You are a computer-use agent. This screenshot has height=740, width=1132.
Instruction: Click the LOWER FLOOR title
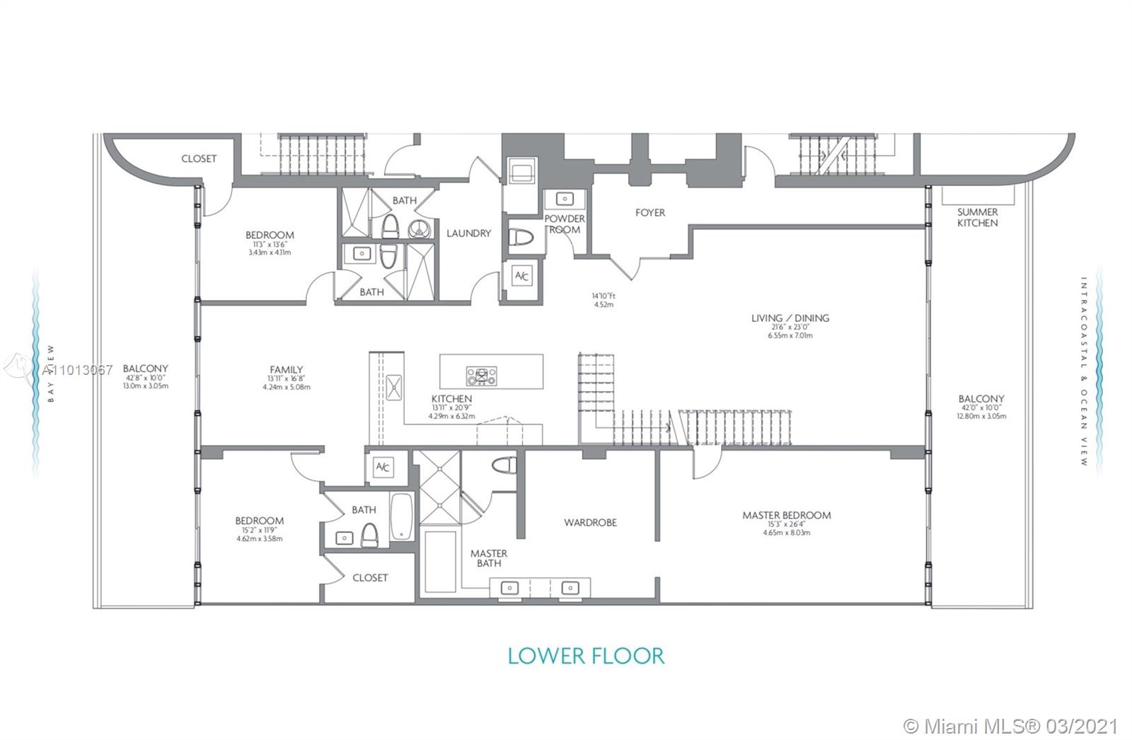pyautogui.click(x=587, y=655)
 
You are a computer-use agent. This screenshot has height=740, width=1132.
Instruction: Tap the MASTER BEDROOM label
pyautogui.click(x=786, y=515)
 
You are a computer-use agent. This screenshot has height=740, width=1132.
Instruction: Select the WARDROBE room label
pyautogui.click(x=590, y=523)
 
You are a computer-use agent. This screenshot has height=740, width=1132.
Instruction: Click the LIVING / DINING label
pyautogui.click(x=790, y=318)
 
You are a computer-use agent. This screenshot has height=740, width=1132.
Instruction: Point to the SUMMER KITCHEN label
pyautogui.click(x=977, y=217)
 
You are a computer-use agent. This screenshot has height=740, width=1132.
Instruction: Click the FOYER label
pyautogui.click(x=649, y=212)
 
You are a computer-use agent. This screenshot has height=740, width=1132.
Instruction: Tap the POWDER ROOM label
pyautogui.click(x=565, y=224)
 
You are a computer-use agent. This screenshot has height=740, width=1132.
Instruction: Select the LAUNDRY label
pyautogui.click(x=468, y=233)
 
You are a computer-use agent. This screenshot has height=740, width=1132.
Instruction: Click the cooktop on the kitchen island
pyautogui.click(x=481, y=375)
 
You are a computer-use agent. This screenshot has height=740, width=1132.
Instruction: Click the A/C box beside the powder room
pyautogui.click(x=521, y=276)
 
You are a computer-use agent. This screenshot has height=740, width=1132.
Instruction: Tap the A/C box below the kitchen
pyautogui.click(x=383, y=467)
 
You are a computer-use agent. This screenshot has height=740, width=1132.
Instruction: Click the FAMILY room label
pyautogui.click(x=286, y=369)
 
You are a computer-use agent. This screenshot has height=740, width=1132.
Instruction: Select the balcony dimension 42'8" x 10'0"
pyautogui.click(x=145, y=378)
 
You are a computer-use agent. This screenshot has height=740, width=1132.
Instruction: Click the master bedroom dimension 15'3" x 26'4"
pyautogui.click(x=786, y=524)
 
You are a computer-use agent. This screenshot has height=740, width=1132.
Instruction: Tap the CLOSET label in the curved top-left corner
pyautogui.click(x=199, y=158)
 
